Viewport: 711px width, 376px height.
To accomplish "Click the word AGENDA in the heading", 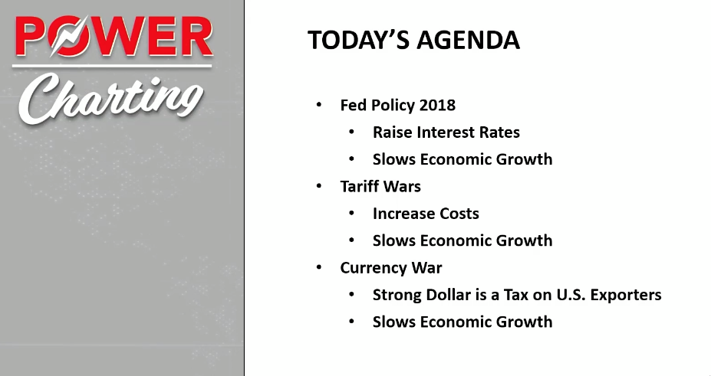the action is pos(468,41).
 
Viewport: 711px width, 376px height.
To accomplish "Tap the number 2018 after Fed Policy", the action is pos(437,105).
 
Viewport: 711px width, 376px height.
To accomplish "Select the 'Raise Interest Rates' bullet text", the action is pos(446,132).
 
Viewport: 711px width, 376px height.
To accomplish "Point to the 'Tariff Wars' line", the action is pos(380,186).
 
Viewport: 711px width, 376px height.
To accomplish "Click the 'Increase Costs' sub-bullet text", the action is pos(426,214).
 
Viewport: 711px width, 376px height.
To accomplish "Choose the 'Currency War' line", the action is pos(391,268).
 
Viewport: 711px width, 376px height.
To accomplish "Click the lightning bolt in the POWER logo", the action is pos(69,36).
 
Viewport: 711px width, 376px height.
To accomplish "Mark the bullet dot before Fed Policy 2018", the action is pos(319,105).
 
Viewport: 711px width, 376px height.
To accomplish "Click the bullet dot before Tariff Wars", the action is pos(319,186).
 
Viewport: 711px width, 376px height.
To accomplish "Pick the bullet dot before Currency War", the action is pos(319,267).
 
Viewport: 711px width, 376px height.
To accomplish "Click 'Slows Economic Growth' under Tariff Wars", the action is pos(462,240).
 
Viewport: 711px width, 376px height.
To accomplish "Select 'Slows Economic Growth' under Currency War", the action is pos(462,322).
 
